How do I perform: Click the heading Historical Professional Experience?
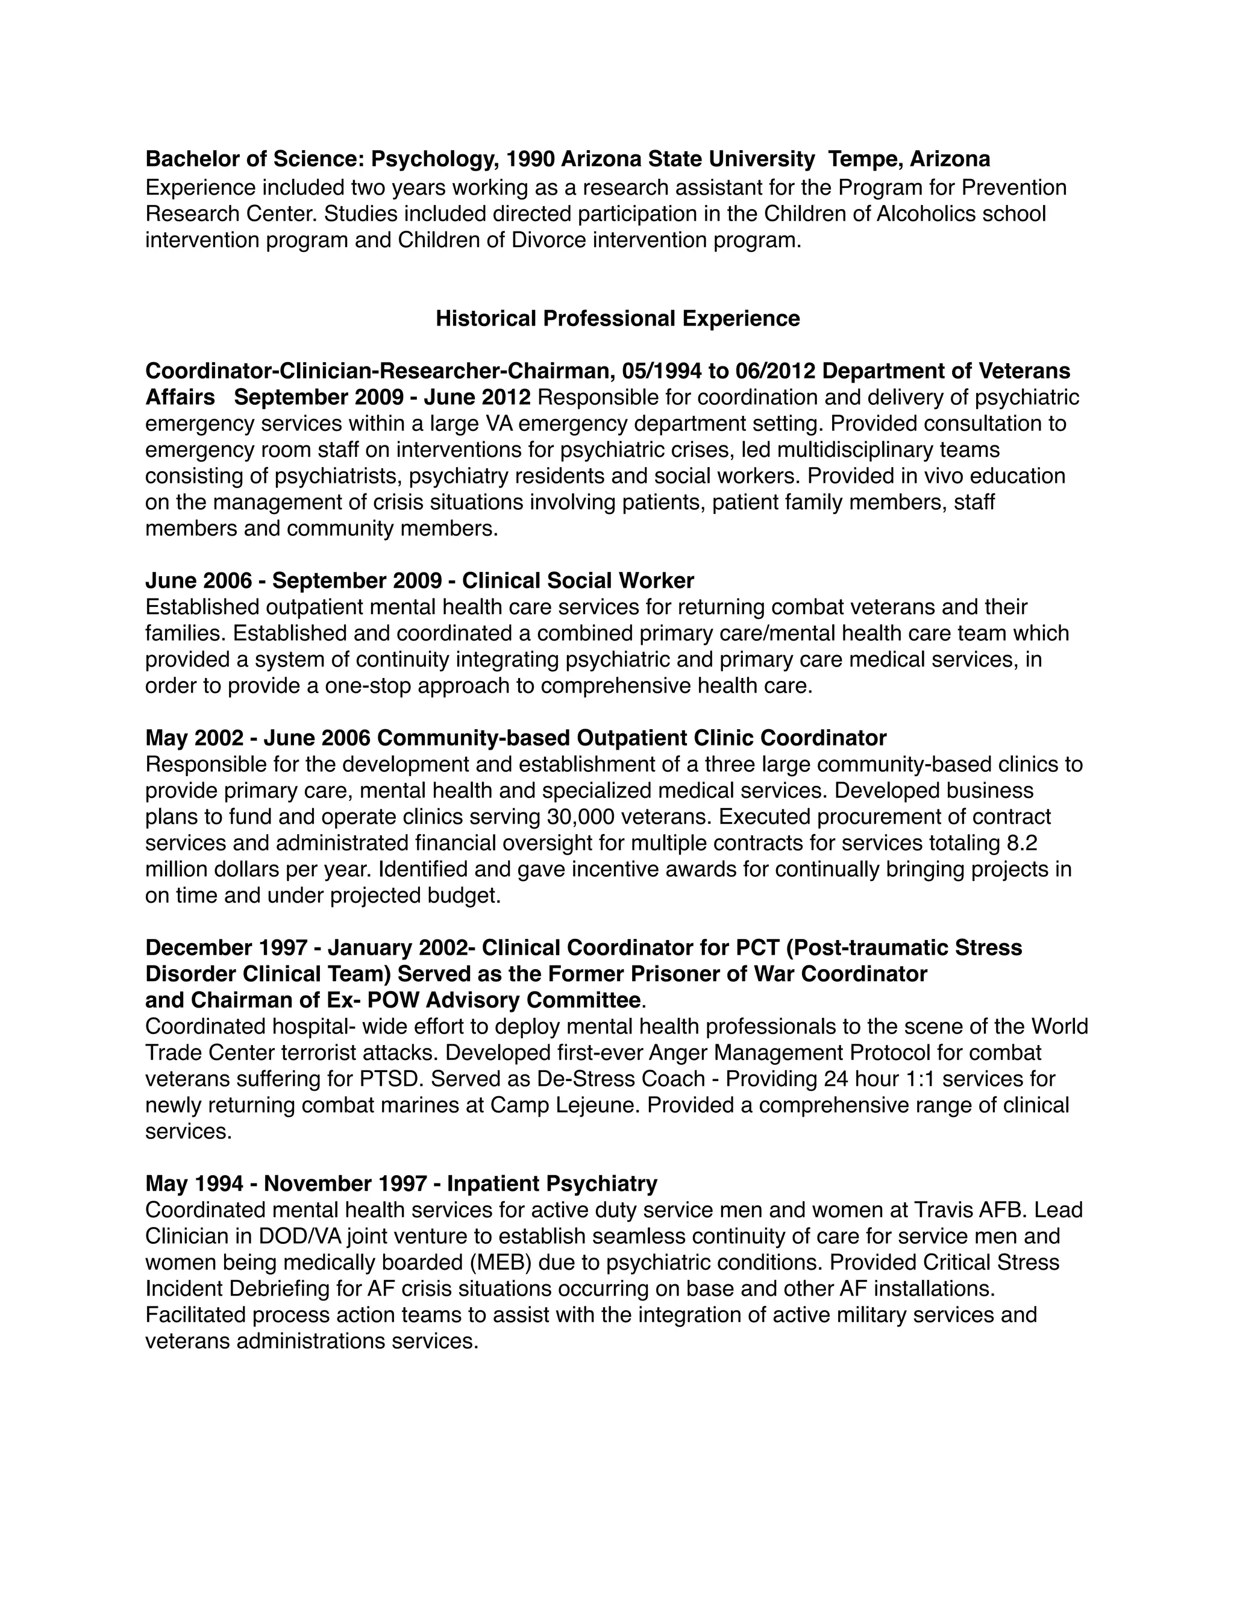pyautogui.click(x=617, y=319)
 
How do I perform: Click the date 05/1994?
pyautogui.click(x=662, y=371)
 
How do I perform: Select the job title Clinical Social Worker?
pyautogui.click(x=577, y=580)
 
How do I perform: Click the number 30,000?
pyautogui.click(x=582, y=817)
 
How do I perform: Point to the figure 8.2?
pyautogui.click(x=1021, y=843)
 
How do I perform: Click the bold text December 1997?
pyautogui.click(x=225, y=948)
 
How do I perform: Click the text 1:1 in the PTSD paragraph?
pyautogui.click(x=918, y=1079)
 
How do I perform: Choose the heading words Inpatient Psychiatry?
pyautogui.click(x=552, y=1183)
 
